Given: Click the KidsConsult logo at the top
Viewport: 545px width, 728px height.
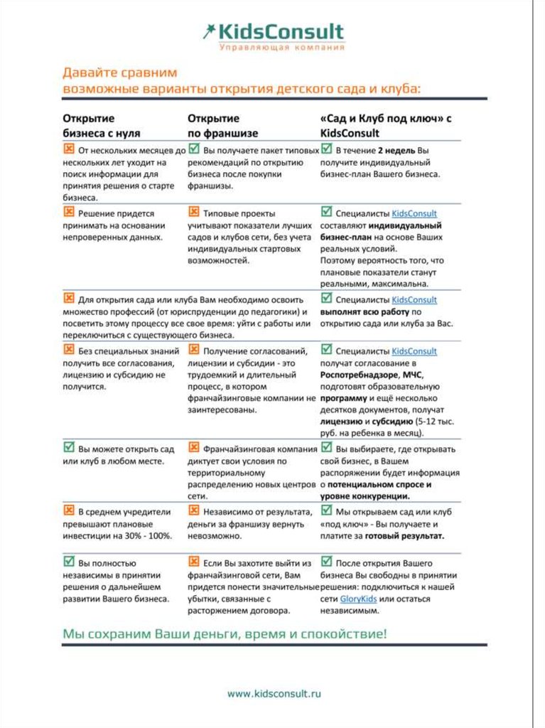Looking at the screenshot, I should pyautogui.click(x=273, y=32).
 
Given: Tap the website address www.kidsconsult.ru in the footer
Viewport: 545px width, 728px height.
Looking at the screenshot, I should pyautogui.click(x=274, y=692).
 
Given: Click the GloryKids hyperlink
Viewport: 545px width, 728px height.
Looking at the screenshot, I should pyautogui.click(x=358, y=599).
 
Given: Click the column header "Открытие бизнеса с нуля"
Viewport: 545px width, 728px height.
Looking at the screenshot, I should pyautogui.click(x=102, y=126).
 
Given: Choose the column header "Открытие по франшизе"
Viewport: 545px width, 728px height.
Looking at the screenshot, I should pyautogui.click(x=222, y=126).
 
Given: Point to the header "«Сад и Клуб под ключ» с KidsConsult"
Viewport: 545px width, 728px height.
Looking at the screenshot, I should pyautogui.click(x=386, y=126).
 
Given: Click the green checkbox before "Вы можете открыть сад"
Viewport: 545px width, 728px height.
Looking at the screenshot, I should pyautogui.click(x=69, y=449).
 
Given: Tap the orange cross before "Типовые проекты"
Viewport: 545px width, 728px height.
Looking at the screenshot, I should pyautogui.click(x=193, y=212).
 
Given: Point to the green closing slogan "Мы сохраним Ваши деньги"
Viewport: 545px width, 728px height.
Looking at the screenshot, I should pyautogui.click(x=225, y=633).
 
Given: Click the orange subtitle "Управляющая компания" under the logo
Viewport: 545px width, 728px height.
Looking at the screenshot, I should pyautogui.click(x=281, y=48).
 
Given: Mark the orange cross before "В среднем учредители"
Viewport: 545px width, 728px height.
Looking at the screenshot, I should pyautogui.click(x=69, y=510).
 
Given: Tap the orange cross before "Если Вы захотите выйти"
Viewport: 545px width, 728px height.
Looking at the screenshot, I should pyautogui.click(x=193, y=562).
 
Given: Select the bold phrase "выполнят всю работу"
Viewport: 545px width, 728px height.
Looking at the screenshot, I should pyautogui.click(x=365, y=311).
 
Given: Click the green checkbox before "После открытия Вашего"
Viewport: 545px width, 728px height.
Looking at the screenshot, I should pyautogui.click(x=326, y=562).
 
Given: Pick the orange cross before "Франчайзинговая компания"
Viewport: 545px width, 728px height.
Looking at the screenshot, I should pyautogui.click(x=193, y=448).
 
